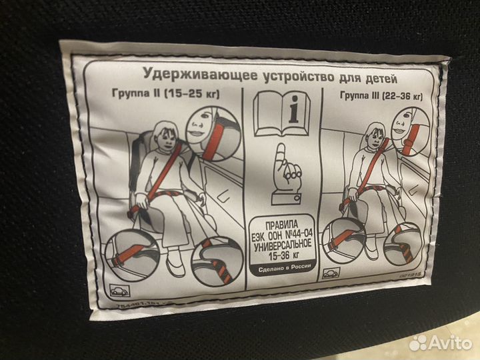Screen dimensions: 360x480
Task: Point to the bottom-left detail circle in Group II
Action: click(131, 253)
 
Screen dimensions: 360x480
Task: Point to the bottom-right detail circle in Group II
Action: click(216, 261)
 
